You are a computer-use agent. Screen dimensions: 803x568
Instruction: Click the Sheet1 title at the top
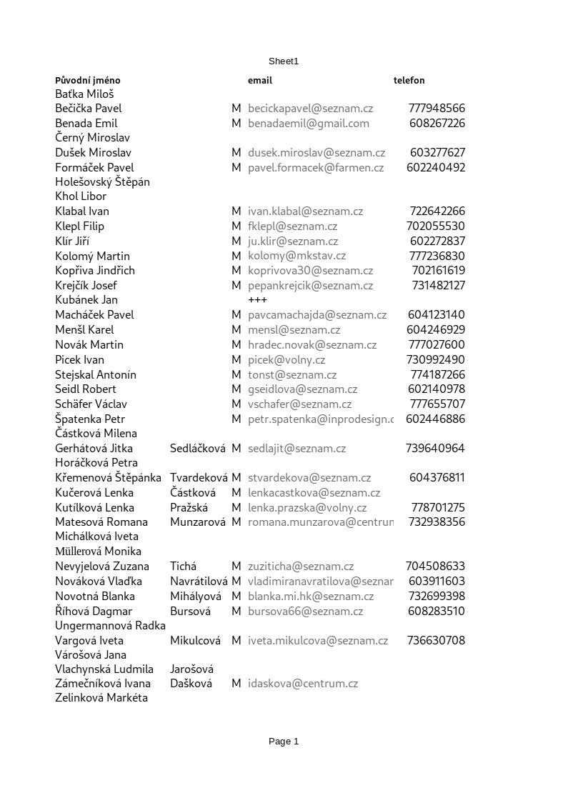[284, 61]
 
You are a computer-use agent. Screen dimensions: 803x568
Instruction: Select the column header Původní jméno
[88, 81]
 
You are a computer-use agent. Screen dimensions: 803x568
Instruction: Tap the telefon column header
[409, 81]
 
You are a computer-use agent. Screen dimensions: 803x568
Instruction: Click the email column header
[260, 81]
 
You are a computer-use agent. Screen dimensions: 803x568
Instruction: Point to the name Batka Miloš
[84, 94]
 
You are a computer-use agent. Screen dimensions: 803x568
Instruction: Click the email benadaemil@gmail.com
[309, 124]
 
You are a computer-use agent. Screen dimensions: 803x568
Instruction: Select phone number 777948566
[437, 109]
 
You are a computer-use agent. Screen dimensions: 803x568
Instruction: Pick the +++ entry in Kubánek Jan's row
[257, 300]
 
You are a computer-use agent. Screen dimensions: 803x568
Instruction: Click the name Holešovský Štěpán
[102, 182]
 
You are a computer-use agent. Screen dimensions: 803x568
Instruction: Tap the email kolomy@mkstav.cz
[297, 256]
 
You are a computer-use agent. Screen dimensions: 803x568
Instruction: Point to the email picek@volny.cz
[287, 360]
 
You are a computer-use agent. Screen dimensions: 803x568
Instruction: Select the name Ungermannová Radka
[110, 626]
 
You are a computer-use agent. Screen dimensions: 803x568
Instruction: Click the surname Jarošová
[191, 669]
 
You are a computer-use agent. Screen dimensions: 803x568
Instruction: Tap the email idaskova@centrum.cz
[303, 684]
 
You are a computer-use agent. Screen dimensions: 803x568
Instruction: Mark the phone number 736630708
[436, 641]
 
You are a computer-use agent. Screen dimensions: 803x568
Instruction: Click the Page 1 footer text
[284, 742]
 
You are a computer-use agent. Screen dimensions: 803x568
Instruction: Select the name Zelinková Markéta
[101, 698]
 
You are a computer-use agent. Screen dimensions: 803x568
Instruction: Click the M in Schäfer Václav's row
[236, 404]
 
